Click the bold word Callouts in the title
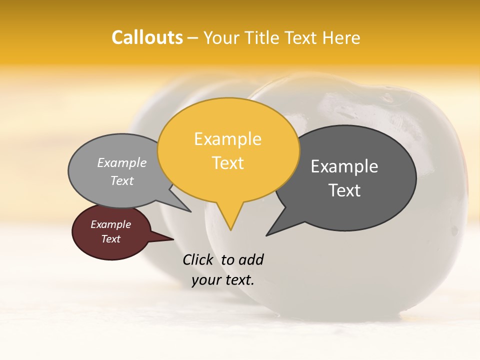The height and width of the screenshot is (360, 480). point(147,37)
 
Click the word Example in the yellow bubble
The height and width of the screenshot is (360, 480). point(227,139)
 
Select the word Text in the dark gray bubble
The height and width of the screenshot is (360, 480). point(344,190)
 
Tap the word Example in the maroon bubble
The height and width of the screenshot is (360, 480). point(110,224)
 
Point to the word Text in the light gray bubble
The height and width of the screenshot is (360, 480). point(122,181)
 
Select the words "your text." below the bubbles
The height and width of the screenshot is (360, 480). point(223,279)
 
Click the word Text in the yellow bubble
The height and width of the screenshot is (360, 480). point(228,163)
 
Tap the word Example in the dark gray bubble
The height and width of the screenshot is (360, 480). point(344,166)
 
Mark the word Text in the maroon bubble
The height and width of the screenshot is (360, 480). point(111,239)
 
